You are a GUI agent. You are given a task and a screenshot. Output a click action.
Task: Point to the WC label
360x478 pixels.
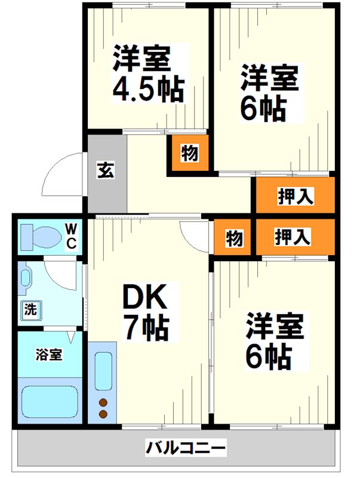click(x=70, y=236)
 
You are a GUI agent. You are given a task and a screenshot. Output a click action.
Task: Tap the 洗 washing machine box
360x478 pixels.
click(x=30, y=310)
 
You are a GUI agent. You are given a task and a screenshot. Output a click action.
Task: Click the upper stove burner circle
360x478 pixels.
click(x=103, y=402)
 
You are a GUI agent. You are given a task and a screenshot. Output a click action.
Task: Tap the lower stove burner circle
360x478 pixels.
click(x=103, y=413)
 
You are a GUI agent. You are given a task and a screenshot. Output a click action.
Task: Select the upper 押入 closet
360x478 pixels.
click(x=295, y=196)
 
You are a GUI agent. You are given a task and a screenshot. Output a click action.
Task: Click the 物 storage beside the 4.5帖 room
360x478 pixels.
click(x=190, y=154)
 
